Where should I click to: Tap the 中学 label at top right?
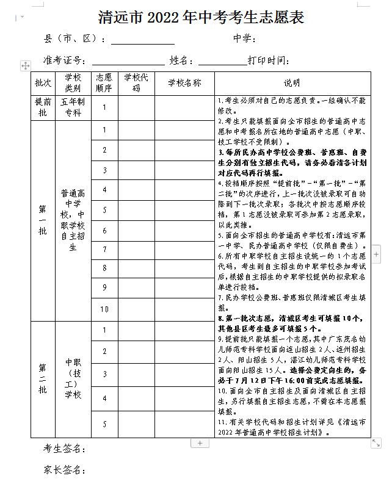click(244, 40)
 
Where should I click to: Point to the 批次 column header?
click(43, 82)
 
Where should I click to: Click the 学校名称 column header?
click(184, 82)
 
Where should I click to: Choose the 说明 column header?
click(292, 82)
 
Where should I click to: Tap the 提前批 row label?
click(43, 107)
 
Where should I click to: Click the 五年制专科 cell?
click(73, 107)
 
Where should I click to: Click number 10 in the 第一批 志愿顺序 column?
click(104, 309)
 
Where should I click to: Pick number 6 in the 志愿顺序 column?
click(104, 230)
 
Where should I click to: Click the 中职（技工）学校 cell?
click(73, 378)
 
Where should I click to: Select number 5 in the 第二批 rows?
click(104, 424)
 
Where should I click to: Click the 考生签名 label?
click(64, 450)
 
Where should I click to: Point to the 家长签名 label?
click(64, 470)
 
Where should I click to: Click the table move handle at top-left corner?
click(25, 65)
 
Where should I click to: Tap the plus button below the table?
click(200, 443)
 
